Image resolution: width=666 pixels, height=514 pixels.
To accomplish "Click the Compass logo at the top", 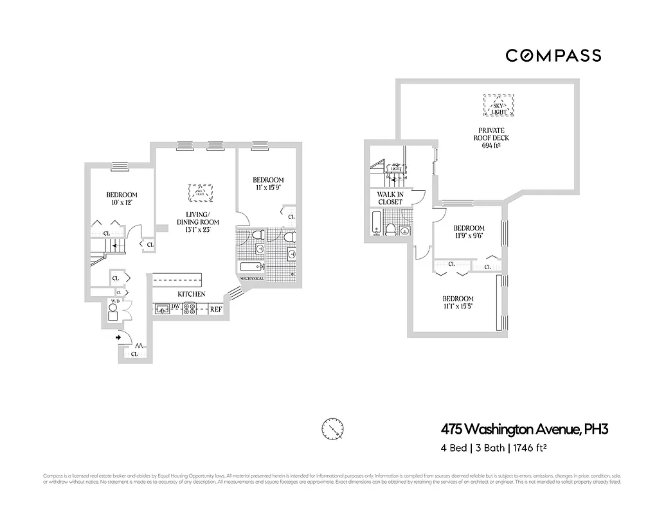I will pyautogui.click(x=553, y=55).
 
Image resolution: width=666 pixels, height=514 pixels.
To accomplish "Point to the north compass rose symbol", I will pyautogui.click(x=332, y=427).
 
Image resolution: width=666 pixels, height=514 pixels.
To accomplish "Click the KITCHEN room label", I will pyautogui.click(x=192, y=294).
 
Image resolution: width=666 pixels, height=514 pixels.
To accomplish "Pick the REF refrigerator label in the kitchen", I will pyautogui.click(x=216, y=309).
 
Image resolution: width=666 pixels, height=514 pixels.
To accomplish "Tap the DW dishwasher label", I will pyautogui.click(x=175, y=308).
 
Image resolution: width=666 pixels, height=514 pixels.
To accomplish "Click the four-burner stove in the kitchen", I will pyautogui.click(x=190, y=308).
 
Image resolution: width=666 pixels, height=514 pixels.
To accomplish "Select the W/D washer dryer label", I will pyautogui.click(x=116, y=301).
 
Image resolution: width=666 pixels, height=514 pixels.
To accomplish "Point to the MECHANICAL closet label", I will pyautogui.click(x=253, y=279).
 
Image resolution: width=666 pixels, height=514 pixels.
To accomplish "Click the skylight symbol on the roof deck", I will pyautogui.click(x=499, y=106).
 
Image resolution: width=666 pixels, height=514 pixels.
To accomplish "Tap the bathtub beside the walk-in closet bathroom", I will pyautogui.click(x=376, y=222).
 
